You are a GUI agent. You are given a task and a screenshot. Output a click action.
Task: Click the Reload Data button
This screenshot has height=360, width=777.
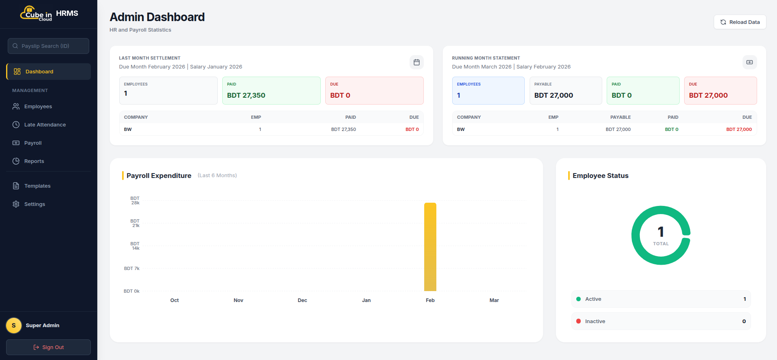pyautogui.click(x=740, y=22)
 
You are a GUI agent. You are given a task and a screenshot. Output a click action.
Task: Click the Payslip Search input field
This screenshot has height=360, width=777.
pyautogui.click(x=48, y=46)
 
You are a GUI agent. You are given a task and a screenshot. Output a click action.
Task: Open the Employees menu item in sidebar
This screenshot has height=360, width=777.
pyautogui.click(x=38, y=107)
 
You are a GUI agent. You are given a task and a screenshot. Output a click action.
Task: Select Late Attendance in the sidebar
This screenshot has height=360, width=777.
pyautogui.click(x=45, y=125)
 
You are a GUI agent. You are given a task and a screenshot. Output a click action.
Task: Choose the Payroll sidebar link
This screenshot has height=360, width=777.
pyautogui.click(x=33, y=143)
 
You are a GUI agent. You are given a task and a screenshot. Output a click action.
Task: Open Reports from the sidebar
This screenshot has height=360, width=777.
pyautogui.click(x=34, y=161)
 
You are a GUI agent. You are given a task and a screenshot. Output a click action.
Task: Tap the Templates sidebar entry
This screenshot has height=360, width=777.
pyautogui.click(x=37, y=186)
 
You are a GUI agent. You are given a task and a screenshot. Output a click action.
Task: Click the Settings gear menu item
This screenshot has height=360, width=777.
pyautogui.click(x=34, y=204)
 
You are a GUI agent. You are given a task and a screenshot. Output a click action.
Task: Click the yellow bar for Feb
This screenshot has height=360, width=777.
pyautogui.click(x=430, y=247)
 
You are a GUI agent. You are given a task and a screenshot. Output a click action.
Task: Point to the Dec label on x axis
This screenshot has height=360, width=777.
pyautogui.click(x=302, y=300)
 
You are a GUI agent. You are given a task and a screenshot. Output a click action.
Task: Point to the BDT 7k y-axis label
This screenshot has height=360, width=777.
pyautogui.click(x=132, y=268)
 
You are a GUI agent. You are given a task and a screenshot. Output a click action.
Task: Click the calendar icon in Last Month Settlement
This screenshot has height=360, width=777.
pyautogui.click(x=416, y=62)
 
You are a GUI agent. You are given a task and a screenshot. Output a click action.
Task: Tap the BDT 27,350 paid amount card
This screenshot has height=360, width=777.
pyautogui.click(x=246, y=95)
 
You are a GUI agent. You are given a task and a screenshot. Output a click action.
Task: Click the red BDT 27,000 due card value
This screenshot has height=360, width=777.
pyautogui.click(x=708, y=95)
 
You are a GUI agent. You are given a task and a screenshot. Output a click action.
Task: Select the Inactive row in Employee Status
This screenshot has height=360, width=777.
pyautogui.click(x=661, y=321)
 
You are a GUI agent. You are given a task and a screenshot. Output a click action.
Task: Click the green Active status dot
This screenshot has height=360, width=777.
pyautogui.click(x=578, y=299)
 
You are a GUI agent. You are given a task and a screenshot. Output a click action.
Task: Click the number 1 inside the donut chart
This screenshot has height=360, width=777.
pyautogui.click(x=661, y=232)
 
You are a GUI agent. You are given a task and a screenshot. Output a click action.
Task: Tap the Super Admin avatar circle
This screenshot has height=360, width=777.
pyautogui.click(x=14, y=326)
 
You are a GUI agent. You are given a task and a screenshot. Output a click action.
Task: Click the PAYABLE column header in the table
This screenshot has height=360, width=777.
pyautogui.click(x=620, y=117)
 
